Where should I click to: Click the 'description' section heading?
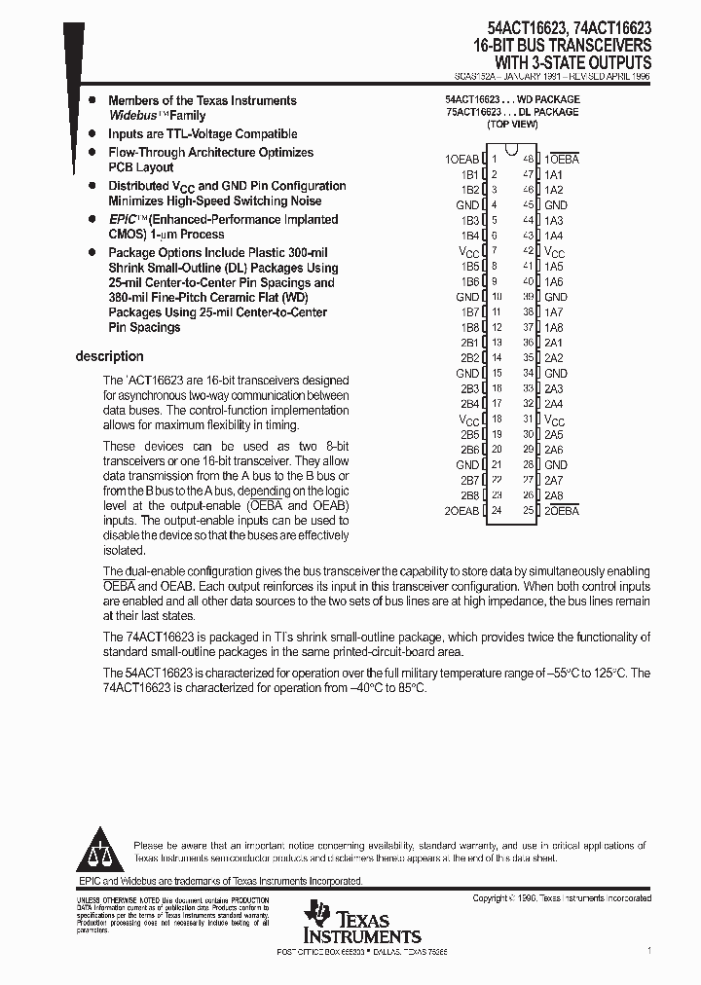click(109, 356)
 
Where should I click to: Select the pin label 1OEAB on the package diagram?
click(461, 159)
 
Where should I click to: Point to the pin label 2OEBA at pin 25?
click(562, 511)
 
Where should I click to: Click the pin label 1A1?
click(554, 174)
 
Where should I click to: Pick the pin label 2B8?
click(469, 495)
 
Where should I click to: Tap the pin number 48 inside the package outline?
click(528, 159)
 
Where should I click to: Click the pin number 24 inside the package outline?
click(496, 511)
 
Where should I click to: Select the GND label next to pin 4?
click(467, 205)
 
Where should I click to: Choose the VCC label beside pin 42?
click(555, 251)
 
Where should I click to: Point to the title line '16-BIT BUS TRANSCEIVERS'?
click(563, 45)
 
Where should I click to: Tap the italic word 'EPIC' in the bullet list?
click(123, 220)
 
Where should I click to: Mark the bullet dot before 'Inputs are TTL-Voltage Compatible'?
click(92, 134)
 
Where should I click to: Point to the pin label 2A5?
click(554, 434)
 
